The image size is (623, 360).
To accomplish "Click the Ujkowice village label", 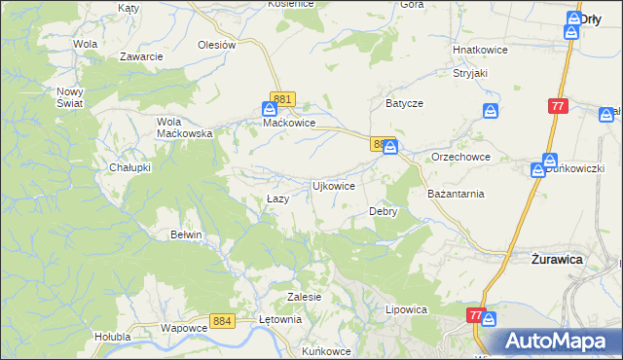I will (333, 185).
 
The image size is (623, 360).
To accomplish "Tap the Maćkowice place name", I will (289, 124).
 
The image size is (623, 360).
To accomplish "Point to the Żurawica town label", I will (556, 260).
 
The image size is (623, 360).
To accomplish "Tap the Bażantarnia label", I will (456, 194).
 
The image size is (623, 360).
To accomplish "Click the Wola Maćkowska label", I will (185, 127).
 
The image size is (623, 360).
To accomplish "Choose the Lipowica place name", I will (407, 309).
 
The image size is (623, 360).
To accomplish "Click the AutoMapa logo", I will (559, 342).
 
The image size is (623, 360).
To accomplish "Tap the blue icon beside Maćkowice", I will (270, 110).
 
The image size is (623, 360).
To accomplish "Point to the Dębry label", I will (384, 211).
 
